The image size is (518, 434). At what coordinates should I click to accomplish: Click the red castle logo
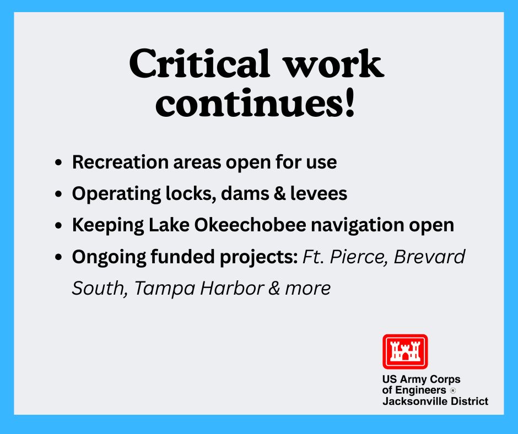405,351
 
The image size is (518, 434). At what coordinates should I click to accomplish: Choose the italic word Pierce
356,257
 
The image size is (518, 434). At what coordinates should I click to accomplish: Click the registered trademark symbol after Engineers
453,390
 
